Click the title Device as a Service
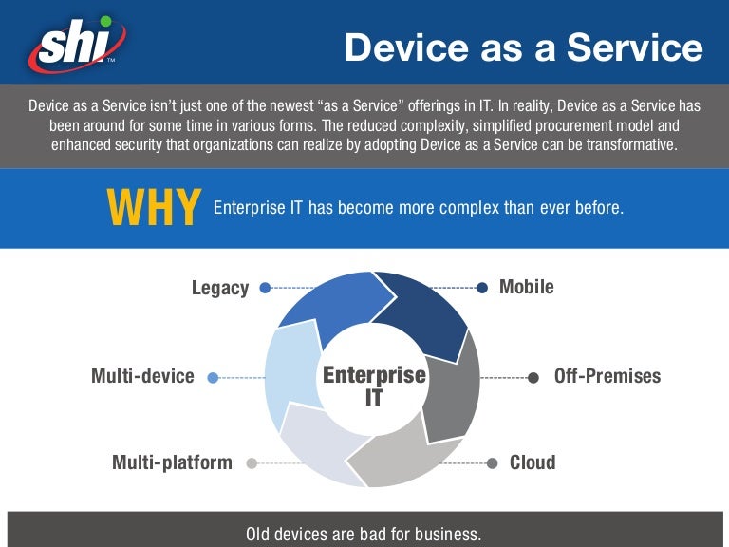click(x=523, y=47)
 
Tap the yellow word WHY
click(x=153, y=208)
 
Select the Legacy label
click(x=220, y=288)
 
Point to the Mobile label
click(x=527, y=287)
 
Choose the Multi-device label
click(x=142, y=376)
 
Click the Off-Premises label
click(x=607, y=376)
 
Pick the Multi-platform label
click(x=172, y=462)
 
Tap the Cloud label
click(x=533, y=462)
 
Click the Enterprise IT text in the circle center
click(x=374, y=386)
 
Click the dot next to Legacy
click(x=265, y=288)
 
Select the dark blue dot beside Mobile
click(x=482, y=287)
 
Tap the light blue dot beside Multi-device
click(x=213, y=377)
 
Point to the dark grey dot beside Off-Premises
click(x=533, y=377)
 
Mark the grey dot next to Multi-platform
click(x=252, y=463)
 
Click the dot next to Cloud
click(x=492, y=463)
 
